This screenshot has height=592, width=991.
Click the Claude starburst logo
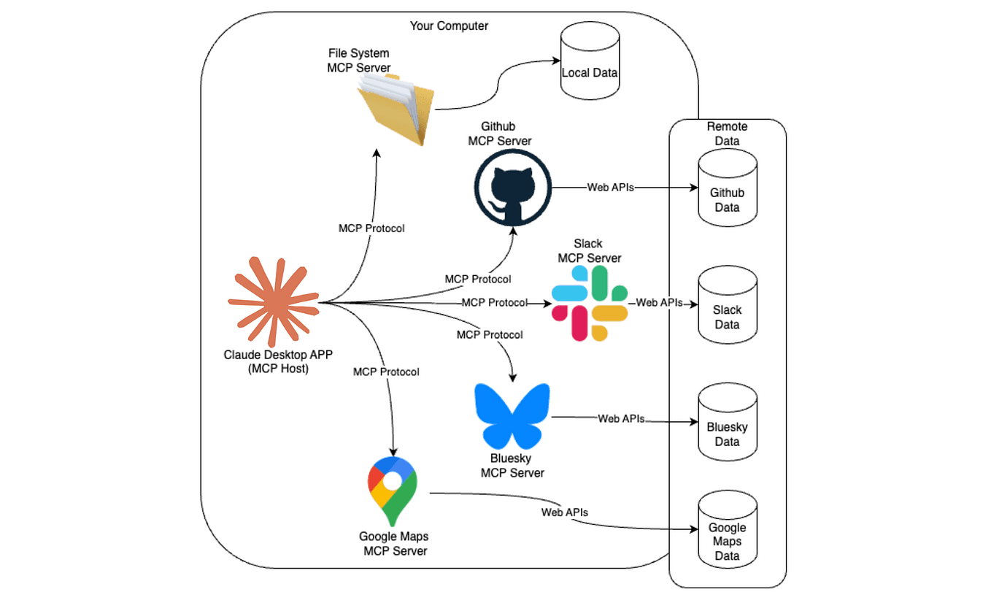274,301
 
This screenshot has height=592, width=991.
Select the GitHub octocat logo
513,188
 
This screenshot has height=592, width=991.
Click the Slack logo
590,303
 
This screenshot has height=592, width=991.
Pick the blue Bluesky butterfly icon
512,416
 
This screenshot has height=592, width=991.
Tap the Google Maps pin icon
393,491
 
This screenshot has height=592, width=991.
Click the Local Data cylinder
590,61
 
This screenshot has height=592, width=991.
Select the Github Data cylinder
728,188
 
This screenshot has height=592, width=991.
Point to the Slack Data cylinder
728,304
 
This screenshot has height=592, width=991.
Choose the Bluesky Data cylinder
728,422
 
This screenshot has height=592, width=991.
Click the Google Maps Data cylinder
728,529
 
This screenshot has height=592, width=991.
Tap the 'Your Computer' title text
449,26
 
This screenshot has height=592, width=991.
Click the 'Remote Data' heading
727,134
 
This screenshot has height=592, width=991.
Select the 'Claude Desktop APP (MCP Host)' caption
278,361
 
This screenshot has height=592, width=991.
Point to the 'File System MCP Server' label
359,61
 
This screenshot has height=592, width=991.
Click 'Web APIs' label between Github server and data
611,188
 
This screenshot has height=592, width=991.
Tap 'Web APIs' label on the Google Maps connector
565,512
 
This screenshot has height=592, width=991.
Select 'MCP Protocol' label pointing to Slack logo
495,303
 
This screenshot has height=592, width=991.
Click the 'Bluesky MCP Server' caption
512,466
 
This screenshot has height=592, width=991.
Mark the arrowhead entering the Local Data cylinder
557,61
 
